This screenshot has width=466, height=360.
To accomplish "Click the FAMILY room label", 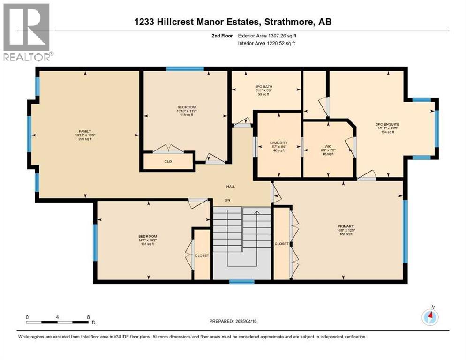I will pos(84,131).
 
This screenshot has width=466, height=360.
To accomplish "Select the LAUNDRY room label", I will pos(278,142).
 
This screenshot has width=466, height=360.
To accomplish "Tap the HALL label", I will pos(231,187).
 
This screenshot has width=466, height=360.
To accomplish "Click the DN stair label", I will pos(228,200).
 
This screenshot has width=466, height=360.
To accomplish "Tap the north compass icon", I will pos(430,317).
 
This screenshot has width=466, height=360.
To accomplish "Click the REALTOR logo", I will pos(27,32).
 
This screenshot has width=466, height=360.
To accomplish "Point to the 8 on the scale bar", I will pos(88,317).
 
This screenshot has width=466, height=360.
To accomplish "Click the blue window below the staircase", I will pos(241,282).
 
